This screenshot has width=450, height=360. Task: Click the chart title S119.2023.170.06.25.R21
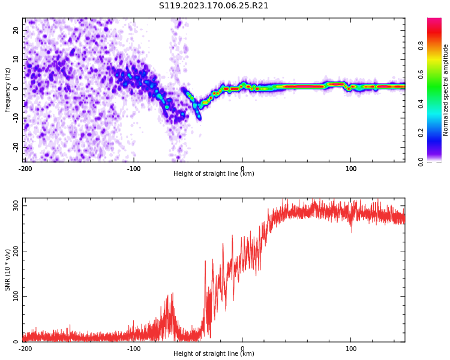point(214,5)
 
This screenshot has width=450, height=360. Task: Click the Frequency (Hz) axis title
point(7,90)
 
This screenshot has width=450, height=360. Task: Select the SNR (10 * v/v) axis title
point(7,270)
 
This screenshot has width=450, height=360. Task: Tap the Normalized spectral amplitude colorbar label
point(445,90)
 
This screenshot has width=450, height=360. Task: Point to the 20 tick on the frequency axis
point(16,30)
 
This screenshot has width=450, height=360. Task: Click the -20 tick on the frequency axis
point(16,148)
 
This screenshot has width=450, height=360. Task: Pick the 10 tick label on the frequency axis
point(16,59)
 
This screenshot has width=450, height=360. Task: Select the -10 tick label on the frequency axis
point(16,118)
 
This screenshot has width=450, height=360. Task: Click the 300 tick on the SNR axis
point(16,206)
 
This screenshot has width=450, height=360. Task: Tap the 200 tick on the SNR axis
point(16,251)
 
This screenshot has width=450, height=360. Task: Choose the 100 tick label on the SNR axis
point(16,296)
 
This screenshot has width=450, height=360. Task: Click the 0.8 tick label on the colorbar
point(421,46)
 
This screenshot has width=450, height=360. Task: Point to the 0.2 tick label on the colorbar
point(421,133)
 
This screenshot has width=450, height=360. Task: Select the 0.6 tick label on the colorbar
point(421,74)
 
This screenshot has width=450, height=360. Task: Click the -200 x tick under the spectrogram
point(25,169)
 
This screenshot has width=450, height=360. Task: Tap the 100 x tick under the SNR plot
point(351,349)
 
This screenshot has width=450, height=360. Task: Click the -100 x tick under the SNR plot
point(134,349)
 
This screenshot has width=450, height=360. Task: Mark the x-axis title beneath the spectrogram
point(214,173)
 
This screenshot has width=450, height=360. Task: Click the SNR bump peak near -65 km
point(172,293)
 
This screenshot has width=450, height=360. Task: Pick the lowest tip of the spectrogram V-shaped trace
point(199,119)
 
